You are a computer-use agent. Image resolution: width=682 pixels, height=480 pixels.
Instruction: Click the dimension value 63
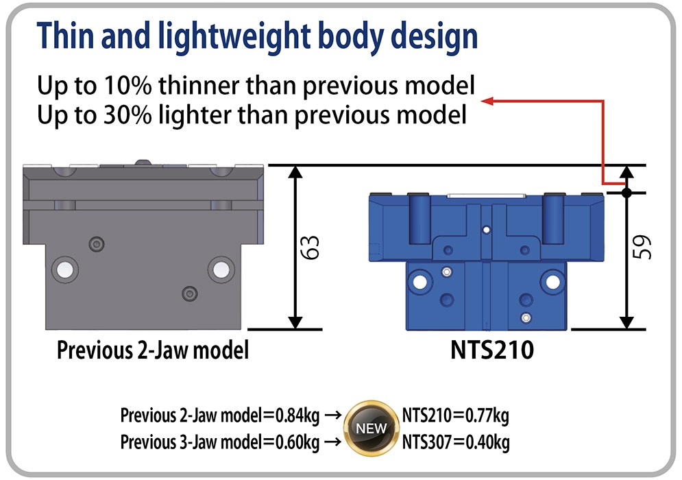(311, 248)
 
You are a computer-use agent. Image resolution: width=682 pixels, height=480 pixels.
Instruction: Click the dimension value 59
(642, 248)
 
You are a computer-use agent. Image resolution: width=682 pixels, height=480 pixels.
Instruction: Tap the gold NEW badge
(371, 428)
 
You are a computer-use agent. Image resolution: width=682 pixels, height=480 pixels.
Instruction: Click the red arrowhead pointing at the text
(487, 101)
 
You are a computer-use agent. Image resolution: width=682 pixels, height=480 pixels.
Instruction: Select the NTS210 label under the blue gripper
(492, 350)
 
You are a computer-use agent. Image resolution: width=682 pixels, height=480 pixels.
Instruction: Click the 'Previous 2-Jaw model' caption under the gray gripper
(153, 350)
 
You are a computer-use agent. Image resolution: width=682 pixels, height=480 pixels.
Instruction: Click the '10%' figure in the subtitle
(127, 85)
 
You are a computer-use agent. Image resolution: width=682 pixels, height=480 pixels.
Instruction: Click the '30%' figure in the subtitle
(127, 115)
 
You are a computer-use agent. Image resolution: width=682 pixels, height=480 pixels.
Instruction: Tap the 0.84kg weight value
(297, 416)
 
